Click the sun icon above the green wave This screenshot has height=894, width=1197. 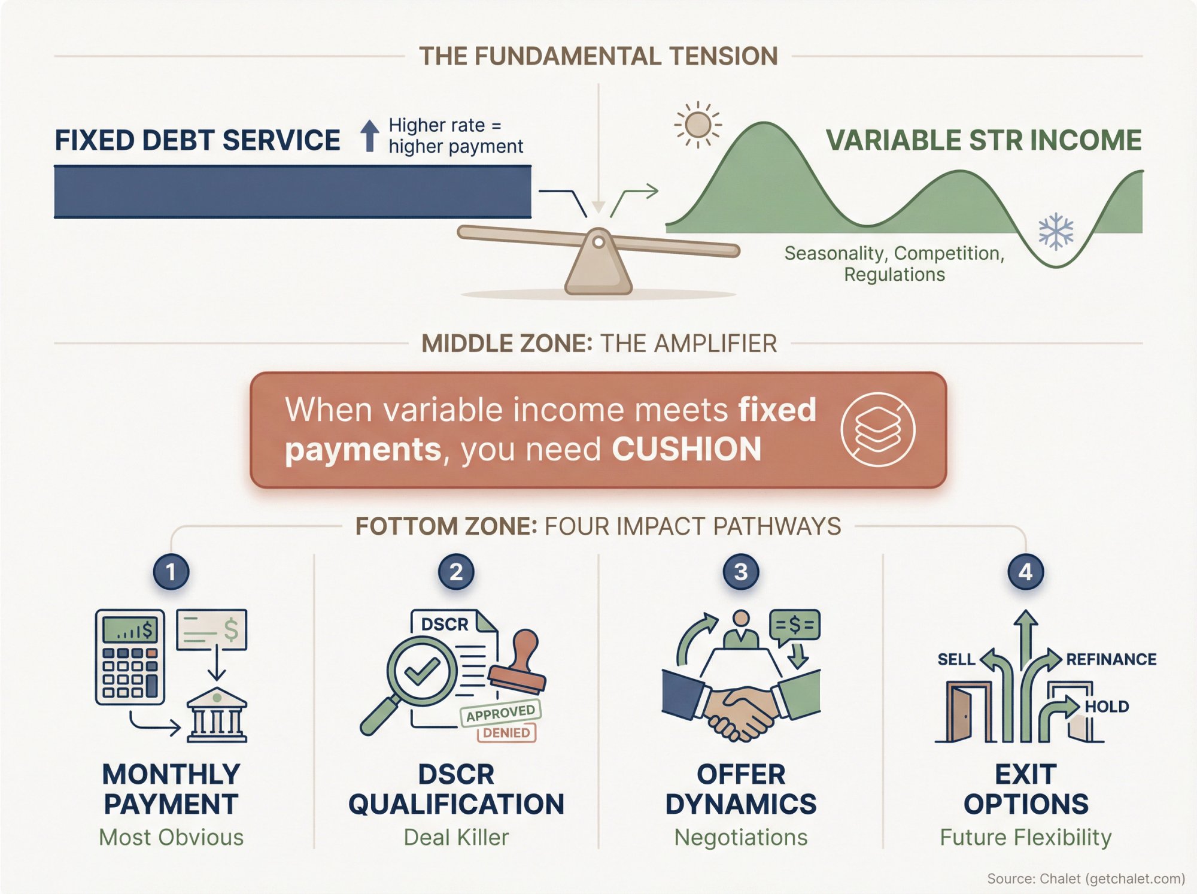pyautogui.click(x=698, y=125)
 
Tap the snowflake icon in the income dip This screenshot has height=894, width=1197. pyautogui.click(x=1056, y=231)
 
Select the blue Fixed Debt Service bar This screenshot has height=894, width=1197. pyautogui.click(x=292, y=192)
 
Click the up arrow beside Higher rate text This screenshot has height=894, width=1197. pyautogui.click(x=370, y=135)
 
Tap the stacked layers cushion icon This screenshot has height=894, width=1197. pyautogui.click(x=877, y=429)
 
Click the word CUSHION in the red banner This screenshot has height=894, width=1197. pyautogui.click(x=686, y=449)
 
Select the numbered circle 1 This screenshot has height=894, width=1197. pyautogui.click(x=171, y=572)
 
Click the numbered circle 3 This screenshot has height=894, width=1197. pyautogui.click(x=741, y=572)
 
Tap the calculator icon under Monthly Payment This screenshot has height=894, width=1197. pyautogui.click(x=130, y=657)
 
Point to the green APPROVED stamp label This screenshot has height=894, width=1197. pyautogui.click(x=500, y=713)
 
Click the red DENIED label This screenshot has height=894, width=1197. pyautogui.click(x=506, y=733)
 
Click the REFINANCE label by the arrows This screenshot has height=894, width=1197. pyautogui.click(x=1111, y=659)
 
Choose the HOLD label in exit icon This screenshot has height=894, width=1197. pyautogui.click(x=1107, y=707)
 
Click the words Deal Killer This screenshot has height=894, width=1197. pyautogui.click(x=456, y=837)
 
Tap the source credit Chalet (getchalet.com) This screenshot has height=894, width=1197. pyautogui.click(x=1112, y=878)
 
